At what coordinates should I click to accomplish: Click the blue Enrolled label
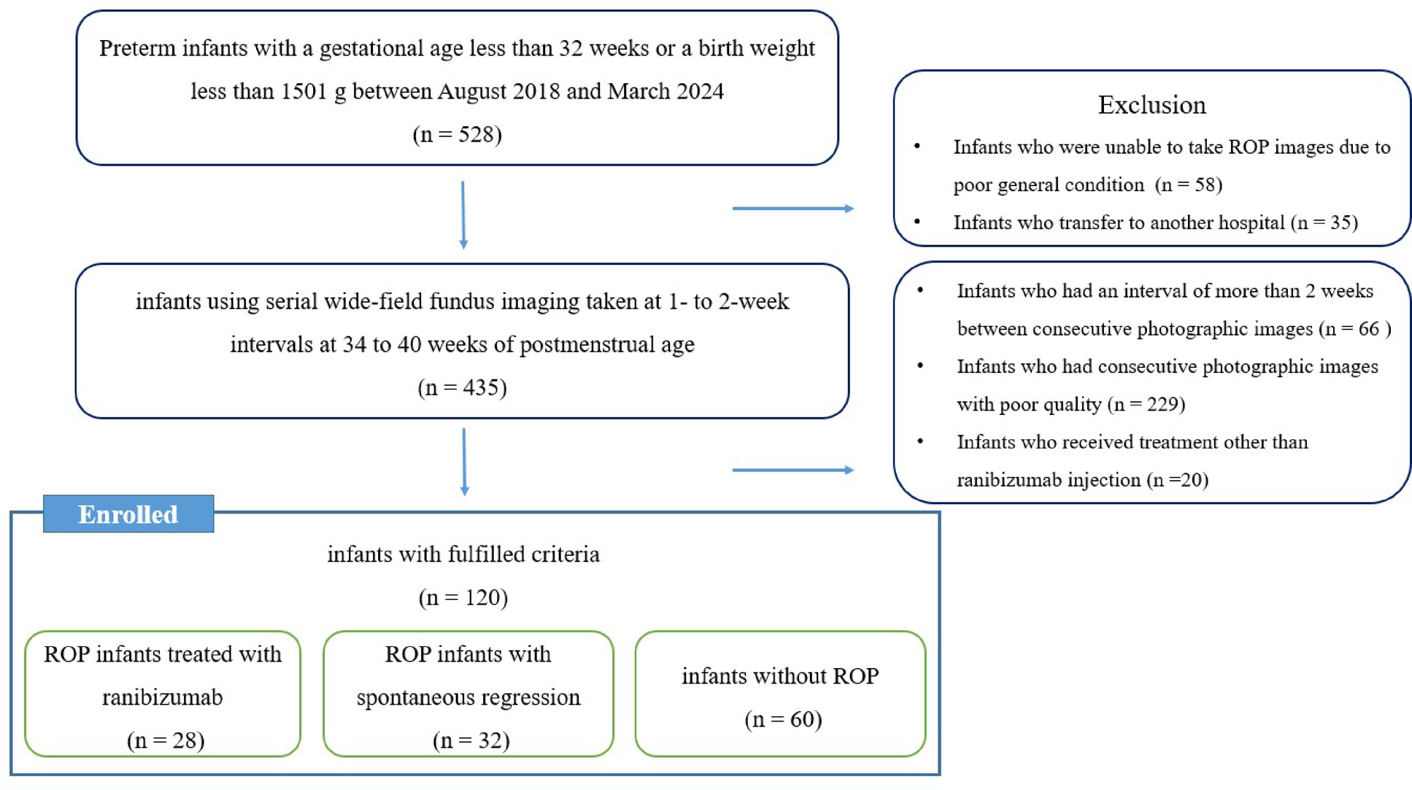(x=128, y=514)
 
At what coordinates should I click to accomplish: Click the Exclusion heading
(x=1151, y=105)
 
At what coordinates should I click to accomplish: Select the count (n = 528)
(x=458, y=135)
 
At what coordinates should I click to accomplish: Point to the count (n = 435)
(x=462, y=387)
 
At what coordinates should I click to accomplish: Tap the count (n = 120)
(x=463, y=598)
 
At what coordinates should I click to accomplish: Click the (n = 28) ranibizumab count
(x=166, y=740)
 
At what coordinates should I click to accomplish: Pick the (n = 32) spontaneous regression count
(x=471, y=740)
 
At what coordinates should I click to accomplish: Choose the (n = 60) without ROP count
(x=783, y=720)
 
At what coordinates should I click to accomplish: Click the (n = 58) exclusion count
(x=1189, y=185)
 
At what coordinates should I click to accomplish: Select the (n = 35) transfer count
(x=1324, y=222)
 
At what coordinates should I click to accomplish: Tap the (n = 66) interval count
(x=1354, y=329)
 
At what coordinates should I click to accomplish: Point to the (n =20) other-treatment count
(x=1177, y=480)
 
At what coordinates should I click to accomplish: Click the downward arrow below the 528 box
(x=463, y=215)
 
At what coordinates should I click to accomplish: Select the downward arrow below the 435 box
(x=464, y=462)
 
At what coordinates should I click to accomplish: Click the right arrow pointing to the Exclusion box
(x=793, y=209)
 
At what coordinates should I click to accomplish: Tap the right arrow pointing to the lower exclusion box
(x=793, y=470)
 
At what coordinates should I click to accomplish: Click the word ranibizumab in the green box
(x=162, y=697)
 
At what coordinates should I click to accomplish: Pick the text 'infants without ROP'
(x=780, y=676)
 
